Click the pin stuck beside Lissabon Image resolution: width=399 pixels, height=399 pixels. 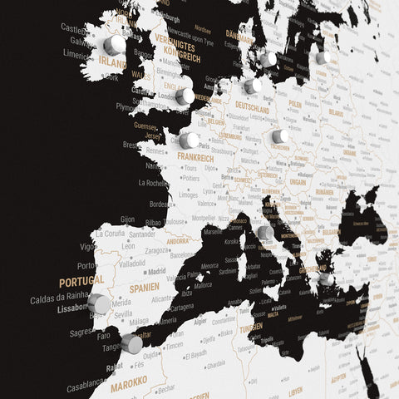[x=100, y=303]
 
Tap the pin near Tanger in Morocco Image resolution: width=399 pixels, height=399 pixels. [x=131, y=344]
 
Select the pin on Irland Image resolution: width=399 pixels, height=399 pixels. [x=114, y=43]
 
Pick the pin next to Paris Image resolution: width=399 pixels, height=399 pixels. [x=189, y=140]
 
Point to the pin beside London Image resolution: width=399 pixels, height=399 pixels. [x=185, y=96]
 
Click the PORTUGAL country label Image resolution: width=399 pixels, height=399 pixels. [x=81, y=281]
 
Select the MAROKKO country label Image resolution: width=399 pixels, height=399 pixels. [x=129, y=382]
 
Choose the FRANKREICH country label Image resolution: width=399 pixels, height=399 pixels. [x=196, y=157]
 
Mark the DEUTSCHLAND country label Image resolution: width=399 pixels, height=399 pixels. [x=252, y=108]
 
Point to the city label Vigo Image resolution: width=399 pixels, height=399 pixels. [x=87, y=247]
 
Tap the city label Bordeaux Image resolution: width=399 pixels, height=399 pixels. [x=161, y=204]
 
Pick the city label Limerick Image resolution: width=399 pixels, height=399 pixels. [x=77, y=54]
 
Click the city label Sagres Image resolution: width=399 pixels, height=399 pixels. [x=81, y=331]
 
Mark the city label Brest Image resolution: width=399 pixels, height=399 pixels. [x=131, y=145]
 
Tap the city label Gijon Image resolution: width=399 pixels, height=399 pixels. [x=127, y=219]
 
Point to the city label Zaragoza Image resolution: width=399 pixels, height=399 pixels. [x=156, y=249]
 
